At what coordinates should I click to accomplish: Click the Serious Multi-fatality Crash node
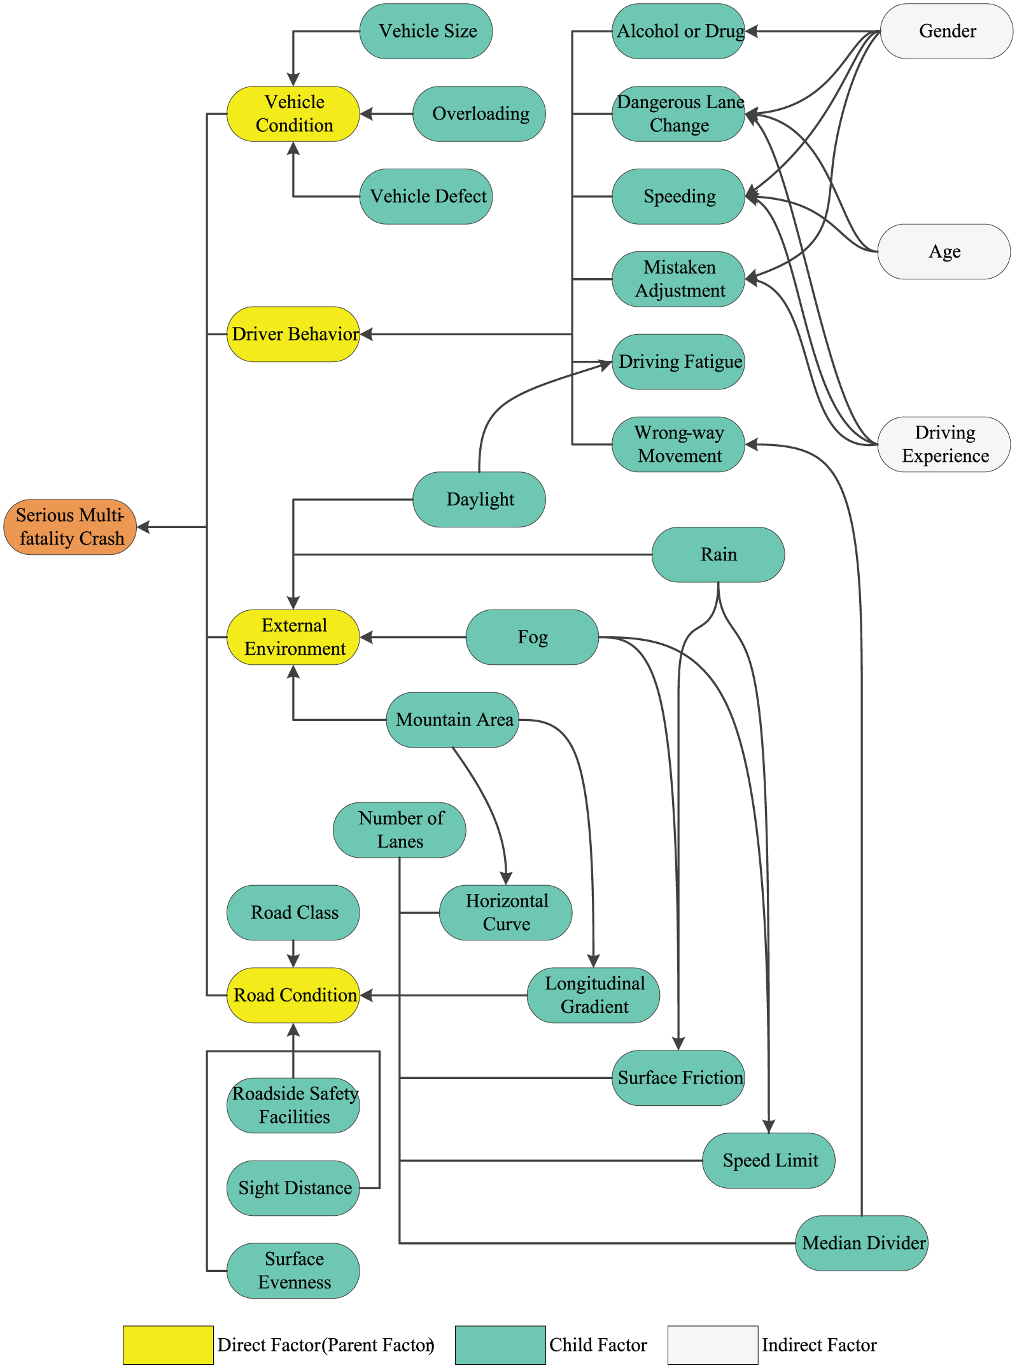(70, 527)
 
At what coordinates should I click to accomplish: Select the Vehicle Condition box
(293, 114)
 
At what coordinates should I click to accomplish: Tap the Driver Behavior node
(293, 334)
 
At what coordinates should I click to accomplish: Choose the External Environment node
(293, 637)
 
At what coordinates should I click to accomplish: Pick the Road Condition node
(293, 995)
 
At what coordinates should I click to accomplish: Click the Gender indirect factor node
(946, 31)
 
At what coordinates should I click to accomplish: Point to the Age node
(944, 251)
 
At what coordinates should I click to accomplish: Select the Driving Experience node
(944, 444)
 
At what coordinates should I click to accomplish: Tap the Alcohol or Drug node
(678, 31)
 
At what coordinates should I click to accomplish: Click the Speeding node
(678, 197)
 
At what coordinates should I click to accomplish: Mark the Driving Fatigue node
(678, 361)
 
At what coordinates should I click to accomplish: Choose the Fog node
(533, 637)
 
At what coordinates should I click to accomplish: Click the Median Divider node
(862, 1243)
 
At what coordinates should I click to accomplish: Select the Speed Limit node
(769, 1161)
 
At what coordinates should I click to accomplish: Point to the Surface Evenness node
(293, 1271)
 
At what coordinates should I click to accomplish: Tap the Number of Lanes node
(400, 830)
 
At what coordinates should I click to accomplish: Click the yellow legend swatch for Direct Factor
(168, 1345)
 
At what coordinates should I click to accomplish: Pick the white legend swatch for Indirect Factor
(713, 1345)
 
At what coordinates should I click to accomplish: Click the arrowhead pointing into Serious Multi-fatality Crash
(143, 527)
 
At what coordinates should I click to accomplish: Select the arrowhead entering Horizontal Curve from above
(506, 879)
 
